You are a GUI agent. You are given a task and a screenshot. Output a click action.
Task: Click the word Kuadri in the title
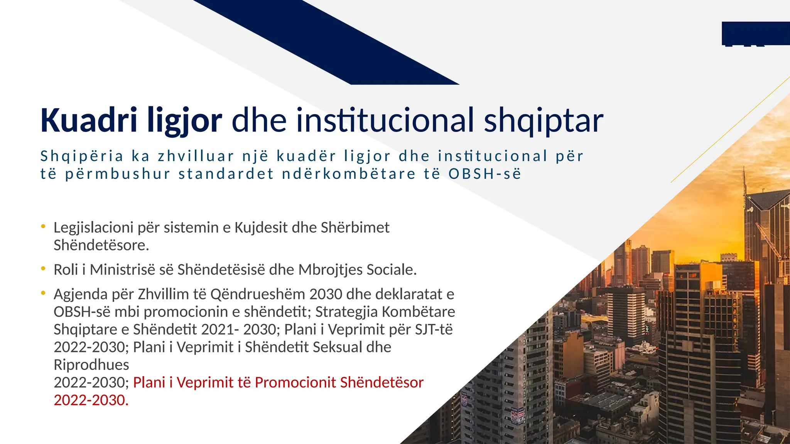point(88,120)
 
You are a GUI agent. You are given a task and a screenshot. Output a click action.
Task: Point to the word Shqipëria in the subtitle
point(82,156)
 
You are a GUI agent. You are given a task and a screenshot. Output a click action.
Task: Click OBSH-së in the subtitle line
point(484,174)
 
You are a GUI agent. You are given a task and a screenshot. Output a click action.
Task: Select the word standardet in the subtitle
point(226,174)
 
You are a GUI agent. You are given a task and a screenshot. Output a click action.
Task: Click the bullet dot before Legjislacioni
point(44,227)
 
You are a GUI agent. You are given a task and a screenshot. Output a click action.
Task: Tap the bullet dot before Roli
point(44,269)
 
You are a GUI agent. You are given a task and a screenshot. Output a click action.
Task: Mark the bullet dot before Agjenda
point(44,293)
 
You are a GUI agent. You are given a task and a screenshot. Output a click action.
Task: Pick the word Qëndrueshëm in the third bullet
point(258,294)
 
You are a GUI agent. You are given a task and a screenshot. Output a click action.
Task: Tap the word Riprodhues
point(91,365)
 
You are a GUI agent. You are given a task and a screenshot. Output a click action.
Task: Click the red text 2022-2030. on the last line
point(91,400)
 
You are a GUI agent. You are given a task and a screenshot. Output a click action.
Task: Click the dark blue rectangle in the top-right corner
point(755,33)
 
